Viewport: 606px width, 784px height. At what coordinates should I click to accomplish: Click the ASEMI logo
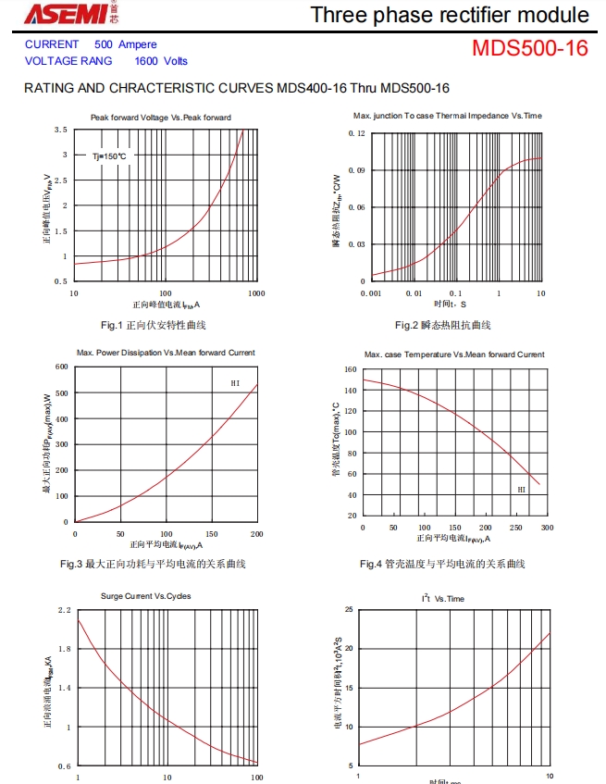pyautogui.click(x=64, y=13)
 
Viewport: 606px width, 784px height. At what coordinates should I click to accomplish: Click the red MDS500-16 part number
pyautogui.click(x=529, y=48)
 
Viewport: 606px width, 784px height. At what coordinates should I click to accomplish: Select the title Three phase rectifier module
pyautogui.click(x=450, y=15)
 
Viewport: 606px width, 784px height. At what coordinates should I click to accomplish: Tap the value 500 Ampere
pyautogui.click(x=126, y=44)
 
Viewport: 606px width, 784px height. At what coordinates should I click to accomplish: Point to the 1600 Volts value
pyautogui.click(x=160, y=61)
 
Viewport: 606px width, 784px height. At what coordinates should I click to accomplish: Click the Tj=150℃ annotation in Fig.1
pyautogui.click(x=109, y=156)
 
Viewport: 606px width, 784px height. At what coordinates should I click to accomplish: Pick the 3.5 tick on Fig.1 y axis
pyautogui.click(x=60, y=130)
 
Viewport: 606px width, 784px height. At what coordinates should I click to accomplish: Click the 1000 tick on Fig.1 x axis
pyautogui.click(x=256, y=292)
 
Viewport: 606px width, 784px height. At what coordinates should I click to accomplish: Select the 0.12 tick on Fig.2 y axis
pyautogui.click(x=357, y=133)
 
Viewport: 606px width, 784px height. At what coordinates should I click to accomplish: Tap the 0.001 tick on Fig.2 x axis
pyautogui.click(x=370, y=292)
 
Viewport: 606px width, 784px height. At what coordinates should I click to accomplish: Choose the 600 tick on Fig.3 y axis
pyautogui.click(x=62, y=367)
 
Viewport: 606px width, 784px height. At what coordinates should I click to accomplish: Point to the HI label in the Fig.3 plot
pyautogui.click(x=235, y=383)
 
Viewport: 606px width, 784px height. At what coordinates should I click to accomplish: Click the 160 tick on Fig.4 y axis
pyautogui.click(x=351, y=369)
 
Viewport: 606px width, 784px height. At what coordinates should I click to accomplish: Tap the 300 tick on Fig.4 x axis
pyautogui.click(x=547, y=528)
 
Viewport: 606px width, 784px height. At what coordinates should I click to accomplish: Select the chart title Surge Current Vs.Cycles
pyautogui.click(x=146, y=596)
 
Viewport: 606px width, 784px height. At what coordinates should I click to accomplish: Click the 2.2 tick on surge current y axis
pyautogui.click(x=64, y=611)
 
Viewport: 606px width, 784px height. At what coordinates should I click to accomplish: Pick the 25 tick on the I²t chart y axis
pyautogui.click(x=348, y=610)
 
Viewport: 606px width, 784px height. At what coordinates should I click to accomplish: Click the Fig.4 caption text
pyautogui.click(x=442, y=564)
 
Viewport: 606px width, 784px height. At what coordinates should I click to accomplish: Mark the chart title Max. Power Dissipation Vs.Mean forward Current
pyautogui.click(x=166, y=353)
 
